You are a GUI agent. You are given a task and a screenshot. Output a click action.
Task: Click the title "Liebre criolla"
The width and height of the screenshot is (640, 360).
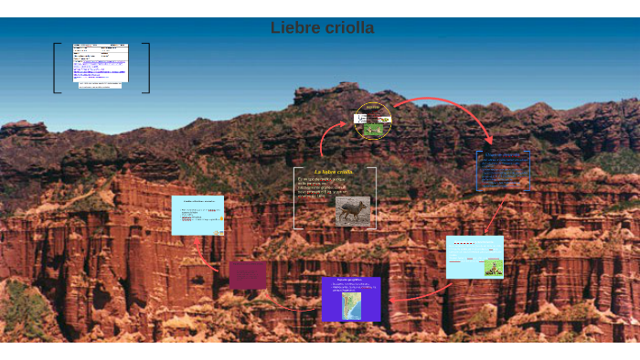(322, 28)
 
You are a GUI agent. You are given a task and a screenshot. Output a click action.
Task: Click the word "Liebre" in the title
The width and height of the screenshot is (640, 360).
(295, 28)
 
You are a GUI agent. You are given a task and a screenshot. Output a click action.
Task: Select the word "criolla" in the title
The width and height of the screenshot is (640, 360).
(349, 28)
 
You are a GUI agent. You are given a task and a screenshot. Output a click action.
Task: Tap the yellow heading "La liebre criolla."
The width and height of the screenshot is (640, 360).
(334, 171)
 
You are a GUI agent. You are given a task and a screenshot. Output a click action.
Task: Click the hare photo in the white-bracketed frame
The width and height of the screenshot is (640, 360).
(352, 211)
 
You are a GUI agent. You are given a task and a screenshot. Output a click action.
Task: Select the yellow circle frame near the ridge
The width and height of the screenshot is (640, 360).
(372, 120)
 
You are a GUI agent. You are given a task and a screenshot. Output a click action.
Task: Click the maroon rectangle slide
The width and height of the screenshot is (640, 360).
(248, 275)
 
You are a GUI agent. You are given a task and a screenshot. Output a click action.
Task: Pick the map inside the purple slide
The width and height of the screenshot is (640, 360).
(351, 305)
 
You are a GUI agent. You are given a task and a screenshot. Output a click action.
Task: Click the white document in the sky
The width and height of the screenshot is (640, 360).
(101, 65)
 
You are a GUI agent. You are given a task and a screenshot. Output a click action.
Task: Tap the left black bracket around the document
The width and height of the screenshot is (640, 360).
(56, 68)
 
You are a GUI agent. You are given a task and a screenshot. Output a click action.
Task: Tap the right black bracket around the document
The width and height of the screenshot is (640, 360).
(147, 68)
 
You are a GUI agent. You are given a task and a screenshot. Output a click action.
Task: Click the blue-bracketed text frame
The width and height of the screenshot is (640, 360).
(502, 171)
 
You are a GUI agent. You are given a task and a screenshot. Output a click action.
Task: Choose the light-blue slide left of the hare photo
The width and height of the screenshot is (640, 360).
(197, 215)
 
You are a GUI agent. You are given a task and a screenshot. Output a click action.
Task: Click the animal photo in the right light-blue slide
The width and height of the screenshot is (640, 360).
(493, 267)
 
